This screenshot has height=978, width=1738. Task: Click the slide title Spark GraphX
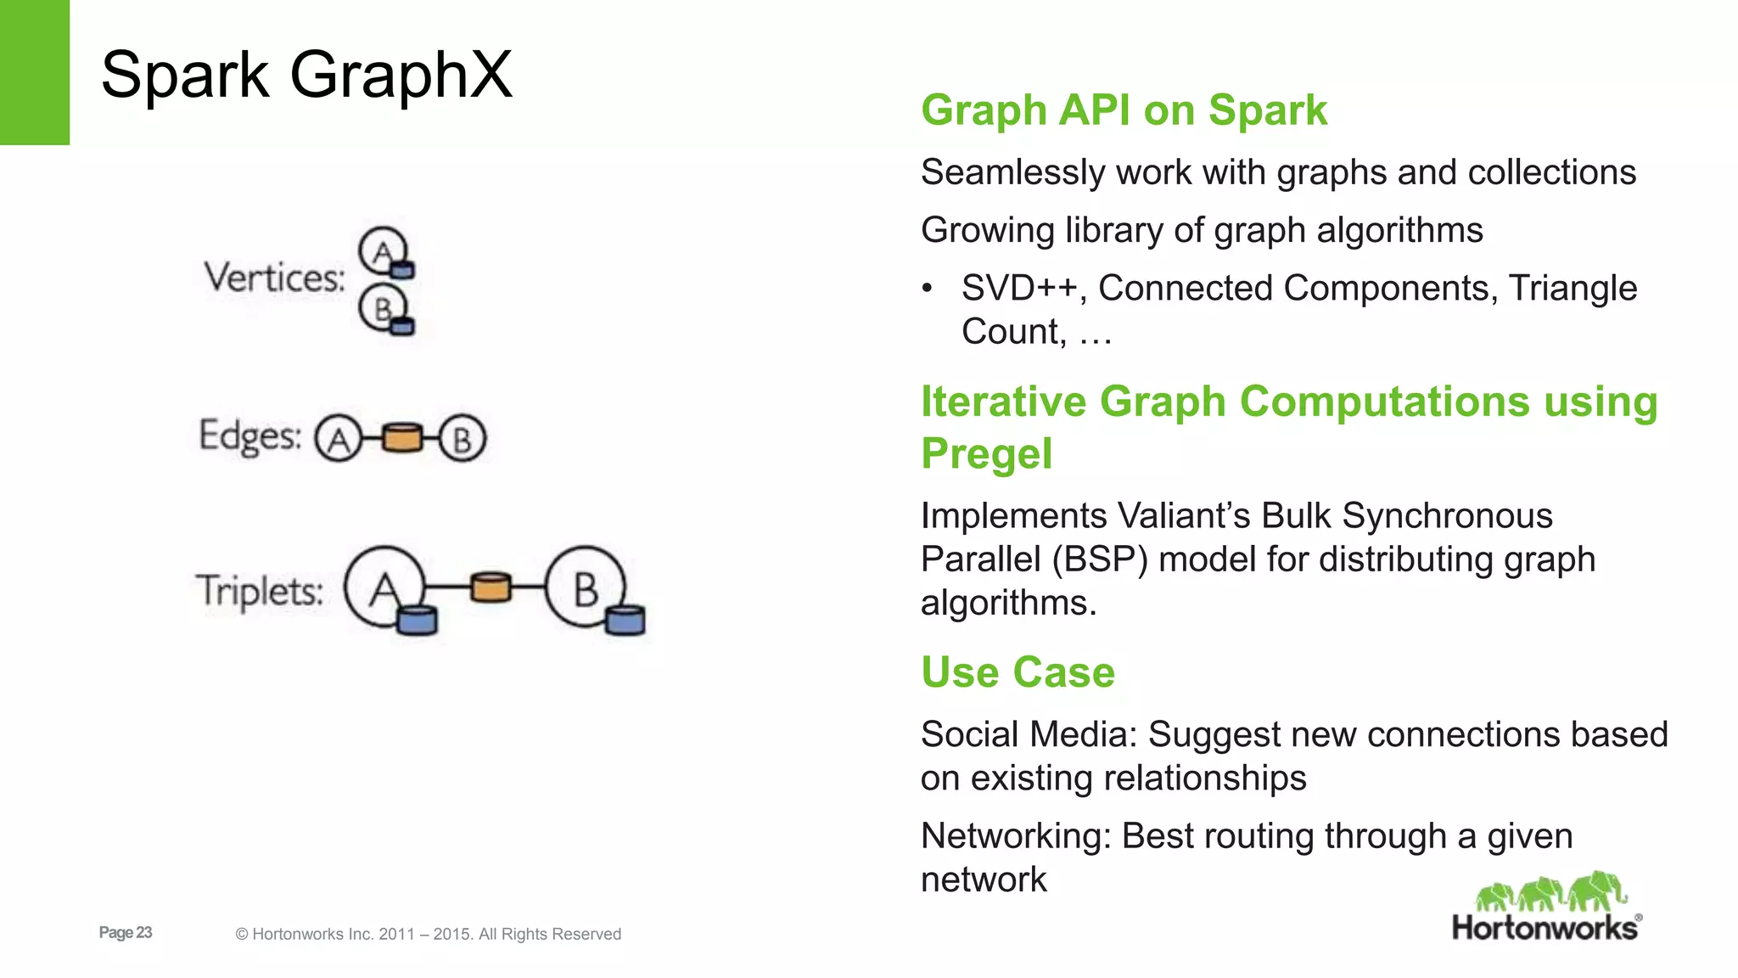(x=306, y=76)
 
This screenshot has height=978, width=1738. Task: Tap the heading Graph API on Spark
(x=1124, y=110)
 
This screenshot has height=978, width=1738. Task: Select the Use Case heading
(x=1018, y=672)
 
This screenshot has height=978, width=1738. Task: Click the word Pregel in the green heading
(x=986, y=454)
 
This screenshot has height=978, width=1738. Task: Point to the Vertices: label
(x=274, y=278)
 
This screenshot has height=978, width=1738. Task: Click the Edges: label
(x=249, y=436)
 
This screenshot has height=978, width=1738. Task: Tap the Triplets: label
(x=260, y=591)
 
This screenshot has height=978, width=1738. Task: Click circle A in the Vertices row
(x=382, y=250)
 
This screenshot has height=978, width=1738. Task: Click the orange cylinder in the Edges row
(x=401, y=438)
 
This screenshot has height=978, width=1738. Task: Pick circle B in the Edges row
(x=463, y=439)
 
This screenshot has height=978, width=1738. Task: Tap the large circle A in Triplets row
(x=383, y=587)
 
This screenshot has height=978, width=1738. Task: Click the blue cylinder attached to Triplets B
(x=625, y=621)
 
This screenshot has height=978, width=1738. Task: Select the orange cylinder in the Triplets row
(x=491, y=587)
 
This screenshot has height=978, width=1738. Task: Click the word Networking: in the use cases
(x=1015, y=836)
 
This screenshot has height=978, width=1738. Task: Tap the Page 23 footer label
(x=126, y=932)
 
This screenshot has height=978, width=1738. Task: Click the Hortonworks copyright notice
(x=429, y=934)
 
